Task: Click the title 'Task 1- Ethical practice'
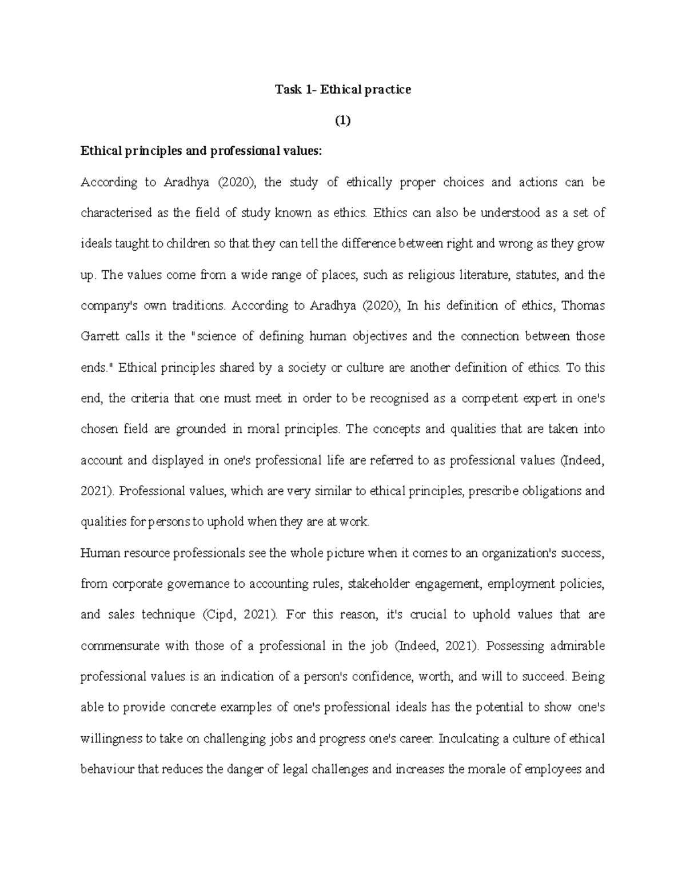(343, 90)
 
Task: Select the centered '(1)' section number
(342, 121)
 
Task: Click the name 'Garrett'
(100, 336)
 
